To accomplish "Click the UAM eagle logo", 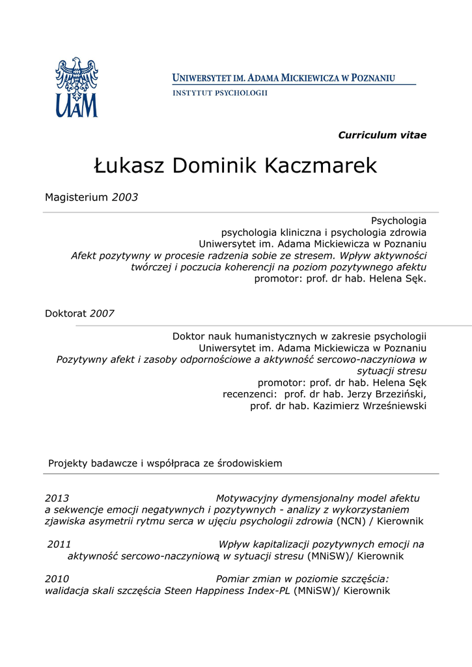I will point(76,87).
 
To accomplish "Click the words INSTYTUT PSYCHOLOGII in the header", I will point(220,93).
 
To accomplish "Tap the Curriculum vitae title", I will point(382,135).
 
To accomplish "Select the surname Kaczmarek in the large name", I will point(320,166).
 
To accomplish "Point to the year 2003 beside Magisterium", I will point(125,197).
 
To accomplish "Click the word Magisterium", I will point(76,197).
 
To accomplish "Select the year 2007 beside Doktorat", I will point(102,313).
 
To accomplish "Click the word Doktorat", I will point(66,313).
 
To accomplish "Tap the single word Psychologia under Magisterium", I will point(398,221).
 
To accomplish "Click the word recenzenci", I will point(249,394).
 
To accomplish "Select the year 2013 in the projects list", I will point(57,498).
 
